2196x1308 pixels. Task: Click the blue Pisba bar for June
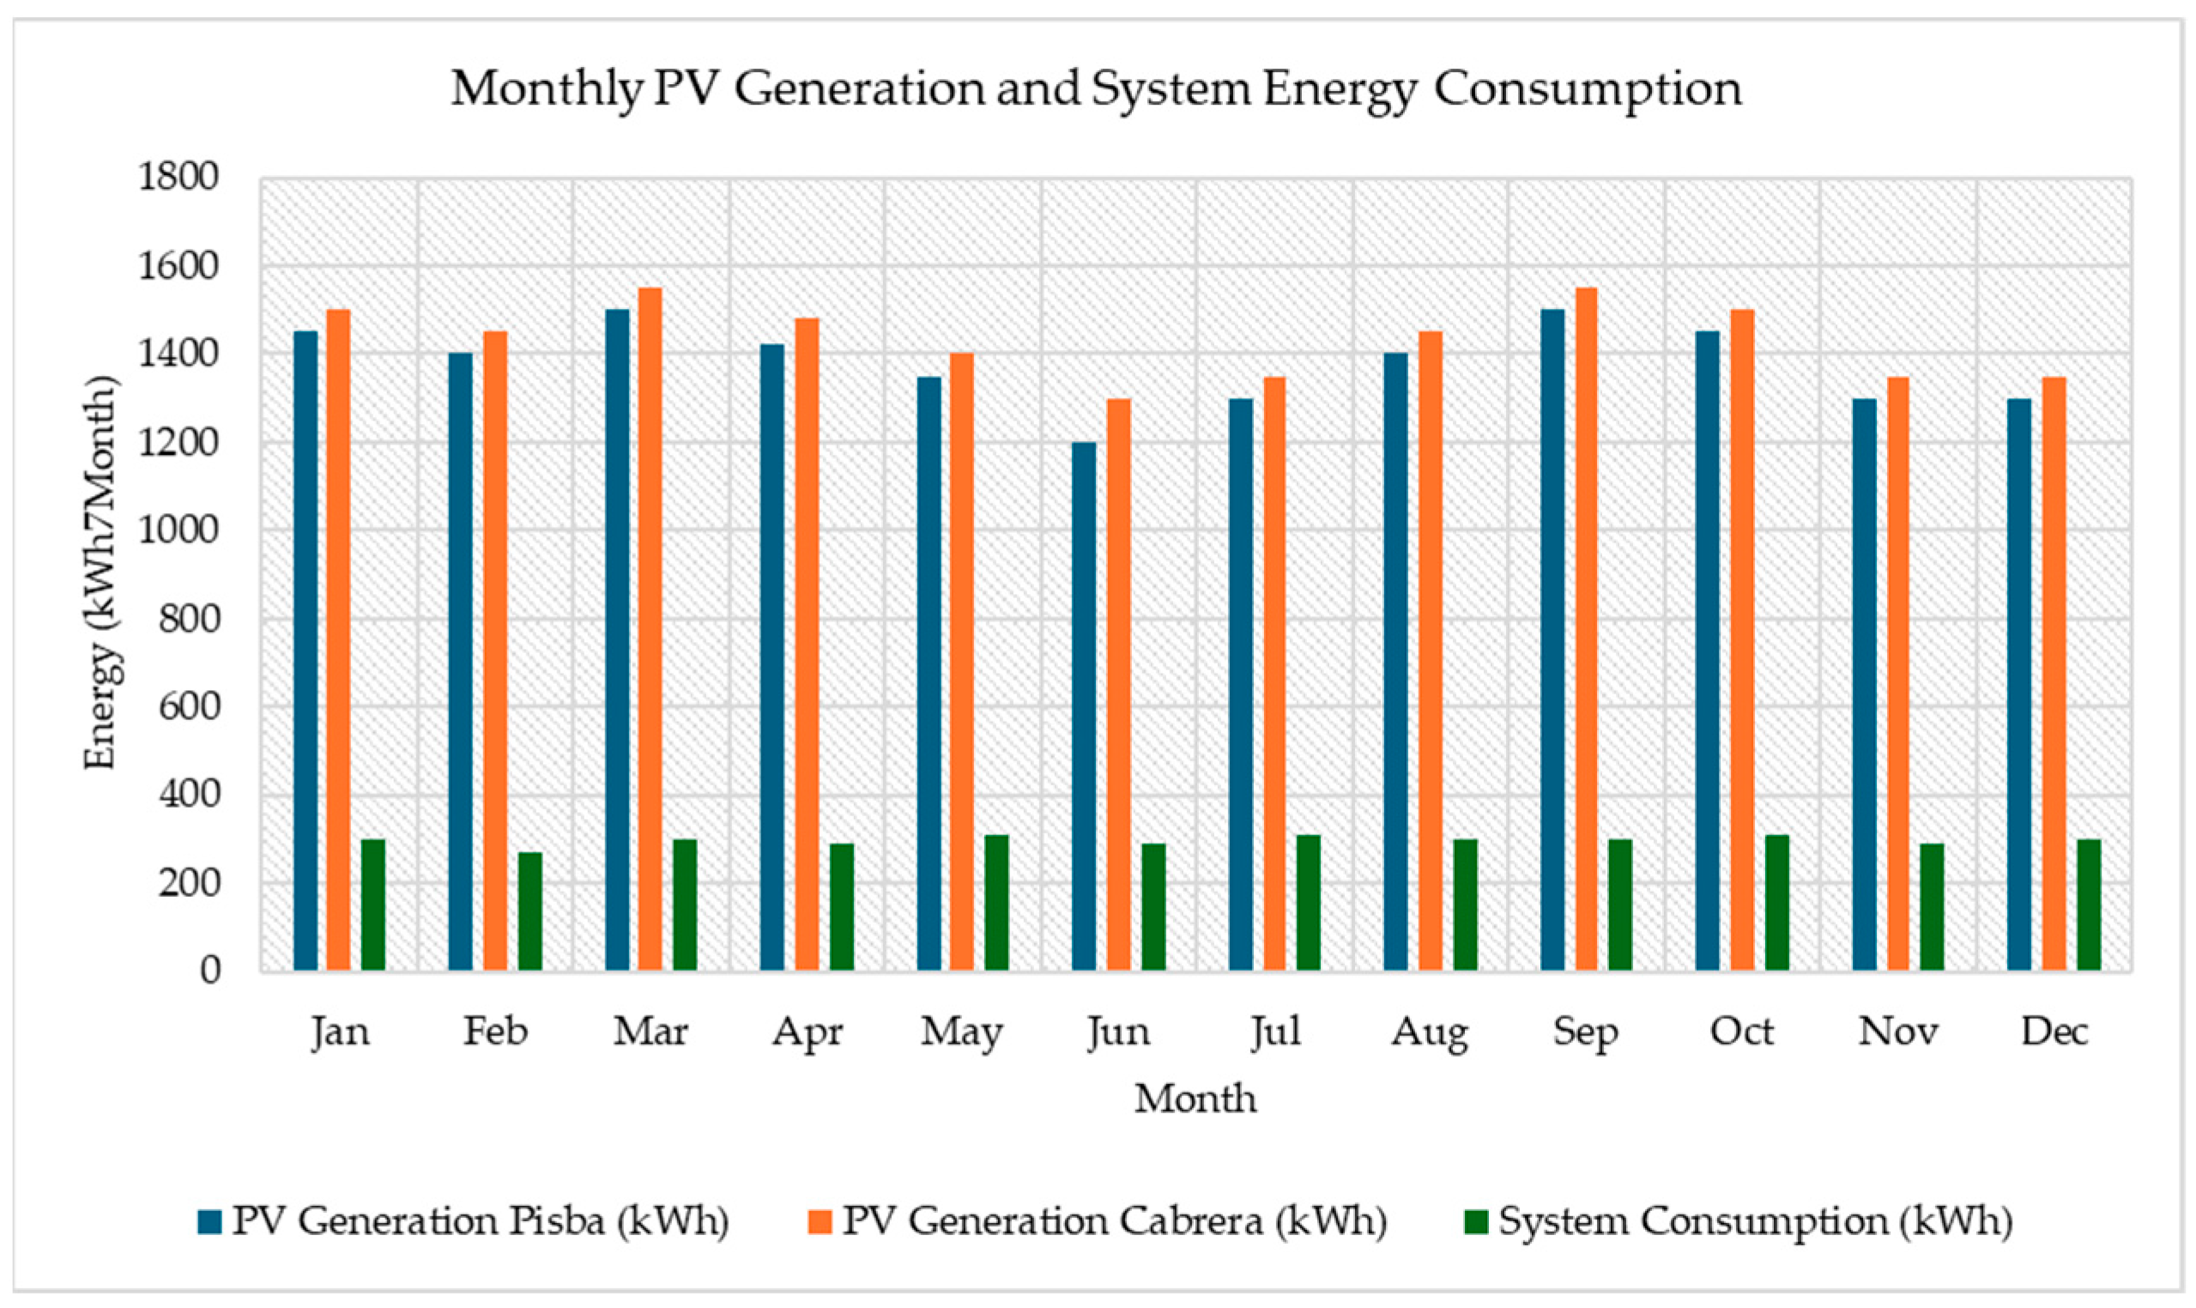[1084, 705]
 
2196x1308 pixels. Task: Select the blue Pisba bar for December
[2019, 684]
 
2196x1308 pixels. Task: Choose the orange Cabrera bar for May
[961, 661]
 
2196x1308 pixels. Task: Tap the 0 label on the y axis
[209, 971]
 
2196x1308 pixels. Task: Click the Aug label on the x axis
[1430, 1032]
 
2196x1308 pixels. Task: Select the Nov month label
[1898, 1032]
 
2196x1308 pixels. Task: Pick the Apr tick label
[808, 1032]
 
